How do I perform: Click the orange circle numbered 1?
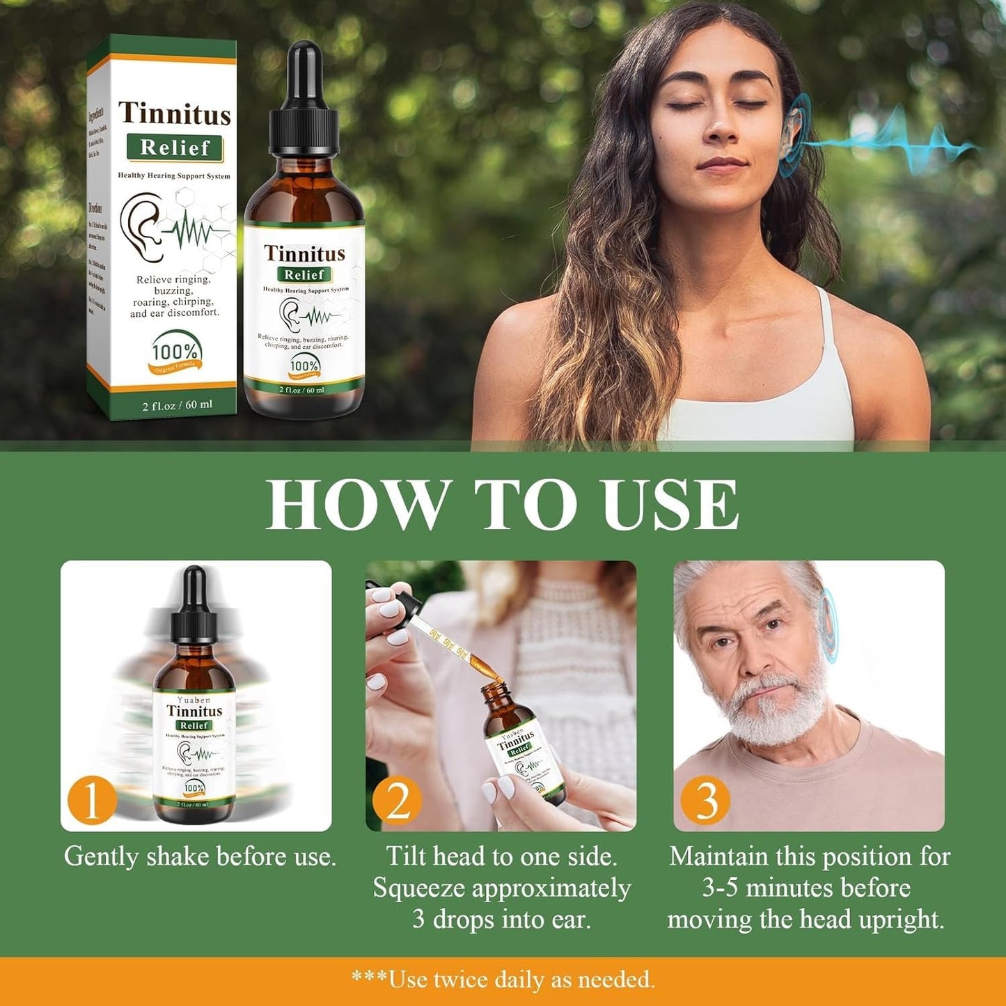tap(91, 801)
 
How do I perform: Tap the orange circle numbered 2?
tap(397, 801)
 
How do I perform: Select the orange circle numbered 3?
tap(705, 801)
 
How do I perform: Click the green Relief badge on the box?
tap(175, 148)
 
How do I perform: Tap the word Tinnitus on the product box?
tap(174, 114)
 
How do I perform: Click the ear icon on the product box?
tap(141, 226)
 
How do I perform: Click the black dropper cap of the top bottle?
tap(304, 101)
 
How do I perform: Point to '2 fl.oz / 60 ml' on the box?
tap(178, 404)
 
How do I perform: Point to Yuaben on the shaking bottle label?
tap(194, 700)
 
